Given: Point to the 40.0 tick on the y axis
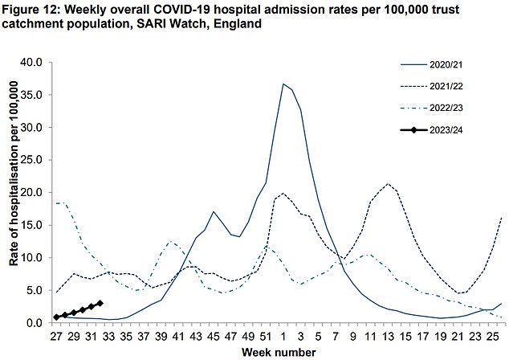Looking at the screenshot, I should pyautogui.click(x=36, y=62).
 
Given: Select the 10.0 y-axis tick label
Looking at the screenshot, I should pyautogui.click(x=36, y=258).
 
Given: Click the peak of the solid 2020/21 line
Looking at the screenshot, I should pyautogui.click(x=283, y=84).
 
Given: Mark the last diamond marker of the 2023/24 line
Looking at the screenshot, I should pyautogui.click(x=100, y=303).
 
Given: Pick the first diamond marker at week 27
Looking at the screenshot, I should pyautogui.click(x=56, y=317).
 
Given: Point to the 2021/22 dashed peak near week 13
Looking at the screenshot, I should pyautogui.click(x=389, y=184).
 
